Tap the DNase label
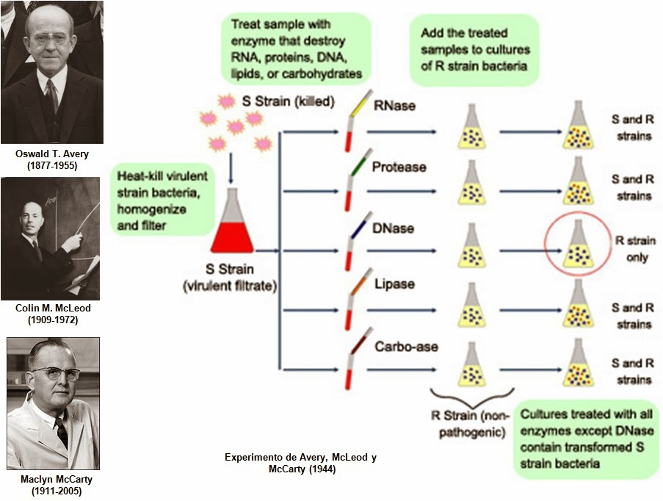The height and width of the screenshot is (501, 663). point(394,228)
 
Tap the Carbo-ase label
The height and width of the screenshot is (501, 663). point(405,346)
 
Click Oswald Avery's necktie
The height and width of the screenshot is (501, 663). point(51,94)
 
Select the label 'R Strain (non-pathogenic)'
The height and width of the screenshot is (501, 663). point(469,424)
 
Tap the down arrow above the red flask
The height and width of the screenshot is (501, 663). point(231,170)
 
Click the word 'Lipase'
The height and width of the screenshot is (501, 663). point(393,284)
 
